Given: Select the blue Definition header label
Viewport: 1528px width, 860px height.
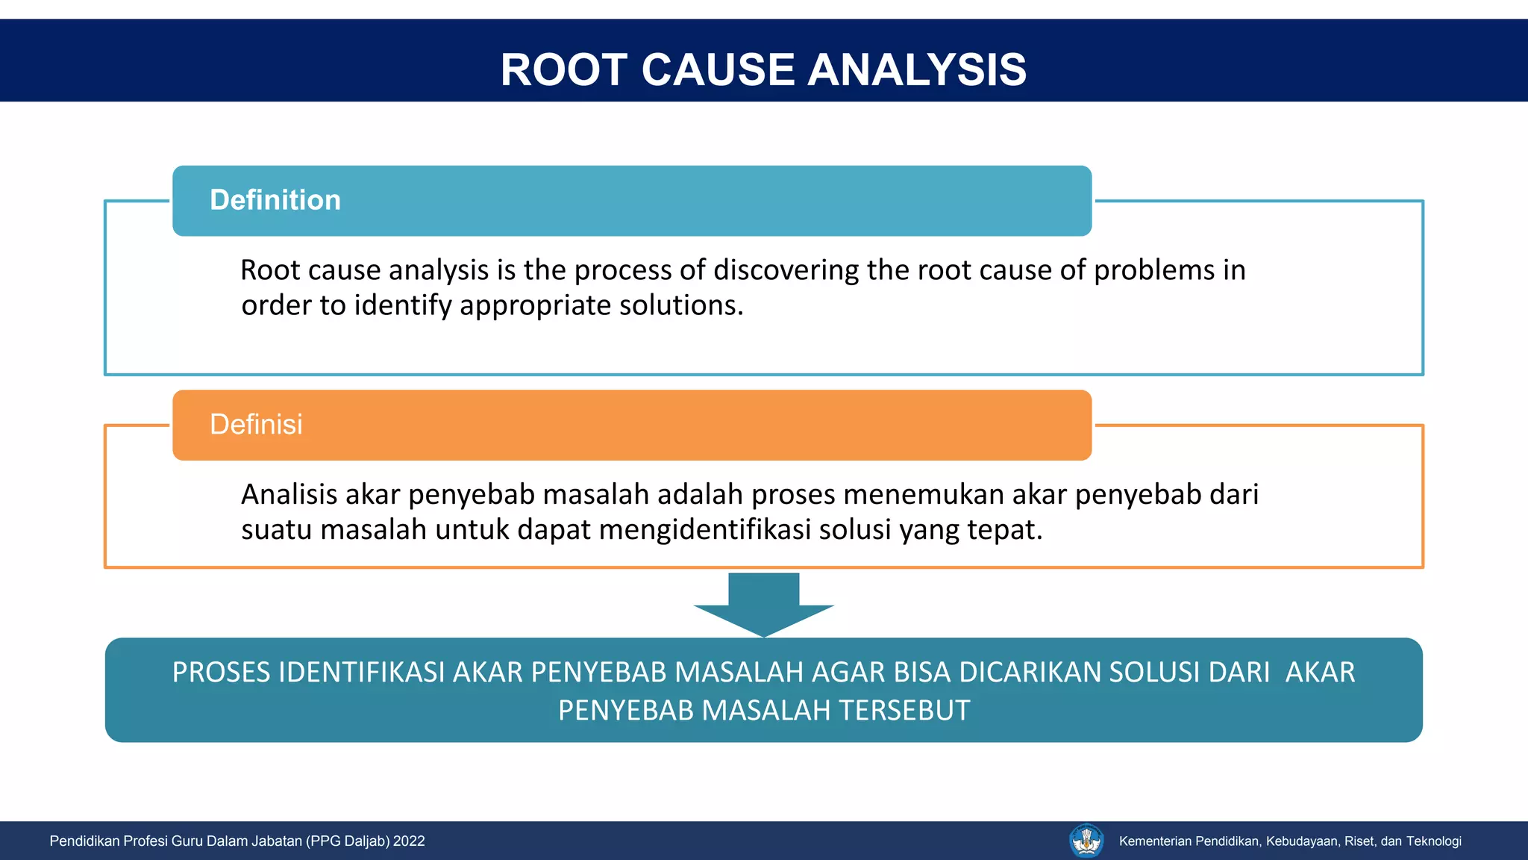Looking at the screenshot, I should (x=275, y=200).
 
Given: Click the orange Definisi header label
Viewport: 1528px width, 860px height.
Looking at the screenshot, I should (x=256, y=424).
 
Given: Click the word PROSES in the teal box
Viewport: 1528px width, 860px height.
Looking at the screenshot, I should (x=222, y=673).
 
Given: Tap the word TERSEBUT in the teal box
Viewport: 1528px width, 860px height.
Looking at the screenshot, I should (x=904, y=711).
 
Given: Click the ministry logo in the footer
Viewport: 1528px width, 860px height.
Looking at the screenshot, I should (x=1086, y=841).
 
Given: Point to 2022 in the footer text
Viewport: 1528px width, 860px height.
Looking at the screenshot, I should (x=409, y=841).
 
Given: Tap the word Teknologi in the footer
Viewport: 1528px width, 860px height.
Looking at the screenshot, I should (x=1433, y=841).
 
